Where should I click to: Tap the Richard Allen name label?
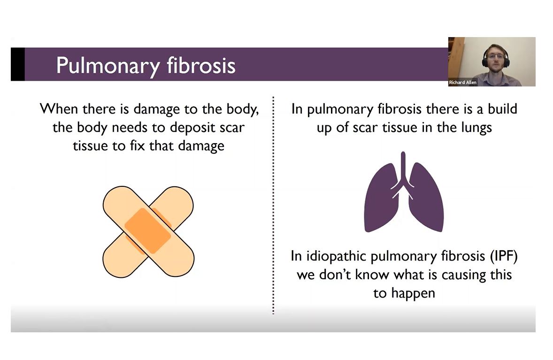462,83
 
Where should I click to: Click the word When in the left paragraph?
59,108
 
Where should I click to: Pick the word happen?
413,293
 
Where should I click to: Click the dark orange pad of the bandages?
148,230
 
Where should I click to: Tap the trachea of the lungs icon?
403,168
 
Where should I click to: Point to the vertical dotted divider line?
273,205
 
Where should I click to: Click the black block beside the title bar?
18,64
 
